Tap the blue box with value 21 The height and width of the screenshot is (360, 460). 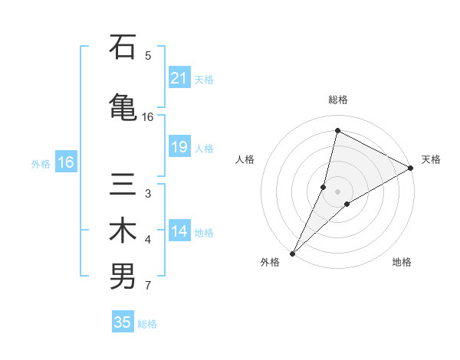[179, 78]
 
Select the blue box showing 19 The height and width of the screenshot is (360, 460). [179, 148]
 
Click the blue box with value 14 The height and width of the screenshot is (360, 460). [179, 231]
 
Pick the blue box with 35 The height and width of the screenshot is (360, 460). [123, 322]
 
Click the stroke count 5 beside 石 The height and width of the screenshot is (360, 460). [148, 55]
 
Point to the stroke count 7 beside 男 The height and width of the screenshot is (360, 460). [148, 286]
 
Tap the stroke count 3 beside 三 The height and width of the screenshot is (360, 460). [148, 194]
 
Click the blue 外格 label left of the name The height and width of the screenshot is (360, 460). [41, 163]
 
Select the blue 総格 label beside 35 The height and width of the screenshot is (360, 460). [147, 324]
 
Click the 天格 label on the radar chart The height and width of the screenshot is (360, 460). [431, 159]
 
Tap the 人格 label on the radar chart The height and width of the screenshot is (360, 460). [245, 159]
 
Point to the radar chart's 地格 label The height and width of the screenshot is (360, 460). [402, 263]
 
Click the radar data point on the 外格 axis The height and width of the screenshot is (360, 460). [292, 253]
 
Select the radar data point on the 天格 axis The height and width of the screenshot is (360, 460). [411, 168]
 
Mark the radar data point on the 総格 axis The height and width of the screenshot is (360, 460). [337, 131]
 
